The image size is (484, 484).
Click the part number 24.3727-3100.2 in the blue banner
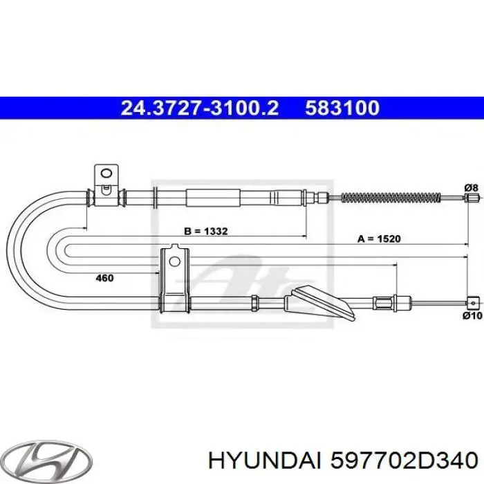tap(199, 108)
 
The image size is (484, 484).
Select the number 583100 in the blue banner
tap(342, 108)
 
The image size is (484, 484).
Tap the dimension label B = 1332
tap(205, 231)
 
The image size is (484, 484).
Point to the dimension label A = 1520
tap(379, 239)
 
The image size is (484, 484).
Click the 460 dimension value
tap(104, 278)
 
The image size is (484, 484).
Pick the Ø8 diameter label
tap(471, 187)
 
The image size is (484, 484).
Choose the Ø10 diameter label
tap(472, 315)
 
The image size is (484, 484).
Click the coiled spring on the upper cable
tap(391, 197)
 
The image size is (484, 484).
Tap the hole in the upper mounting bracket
tap(106, 173)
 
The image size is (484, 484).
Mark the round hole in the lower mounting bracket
tap(174, 262)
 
